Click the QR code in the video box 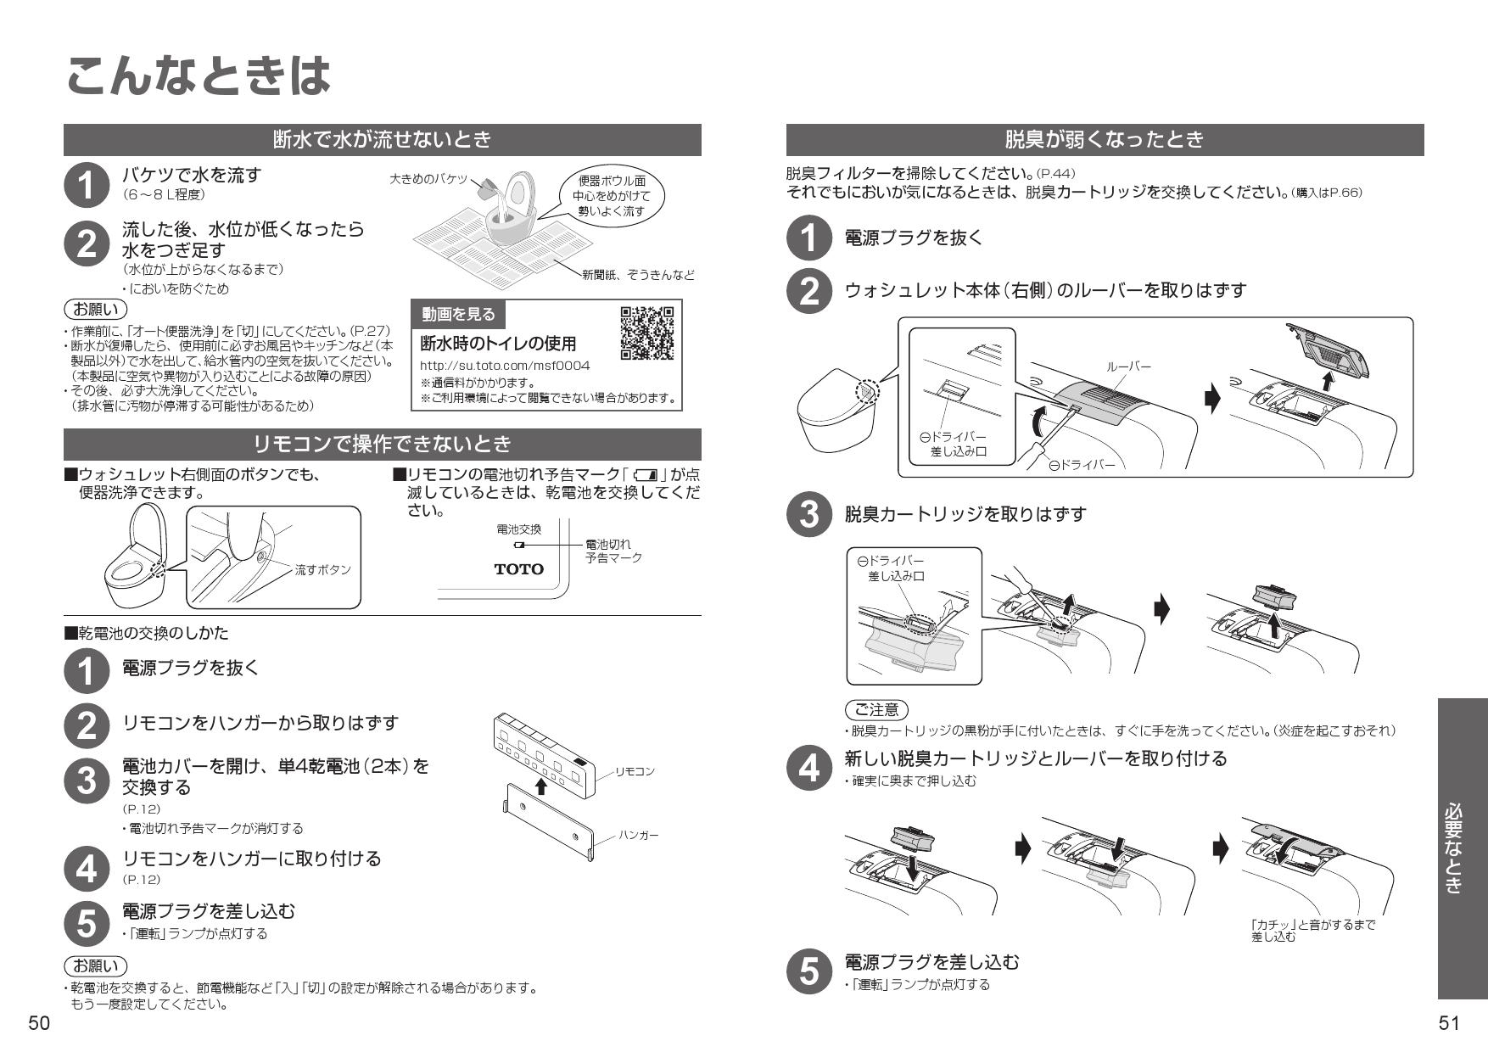click(x=646, y=333)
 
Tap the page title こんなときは click(x=197, y=76)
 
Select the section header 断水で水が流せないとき click(x=383, y=139)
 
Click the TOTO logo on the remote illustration click(x=518, y=569)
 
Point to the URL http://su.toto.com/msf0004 click(x=505, y=366)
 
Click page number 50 click(x=40, y=1023)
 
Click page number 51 click(x=1449, y=1023)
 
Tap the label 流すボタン click(x=322, y=570)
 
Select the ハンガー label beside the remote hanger click(x=638, y=836)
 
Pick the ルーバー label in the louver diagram click(x=1129, y=367)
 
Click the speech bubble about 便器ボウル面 click(x=611, y=196)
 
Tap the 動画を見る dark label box click(x=458, y=315)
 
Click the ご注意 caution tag click(x=876, y=709)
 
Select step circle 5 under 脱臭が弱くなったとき click(x=809, y=971)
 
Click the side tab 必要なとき click(x=1463, y=848)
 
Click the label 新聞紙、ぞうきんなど click(x=638, y=275)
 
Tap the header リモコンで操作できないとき click(x=383, y=444)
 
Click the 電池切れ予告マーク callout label click(x=613, y=551)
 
